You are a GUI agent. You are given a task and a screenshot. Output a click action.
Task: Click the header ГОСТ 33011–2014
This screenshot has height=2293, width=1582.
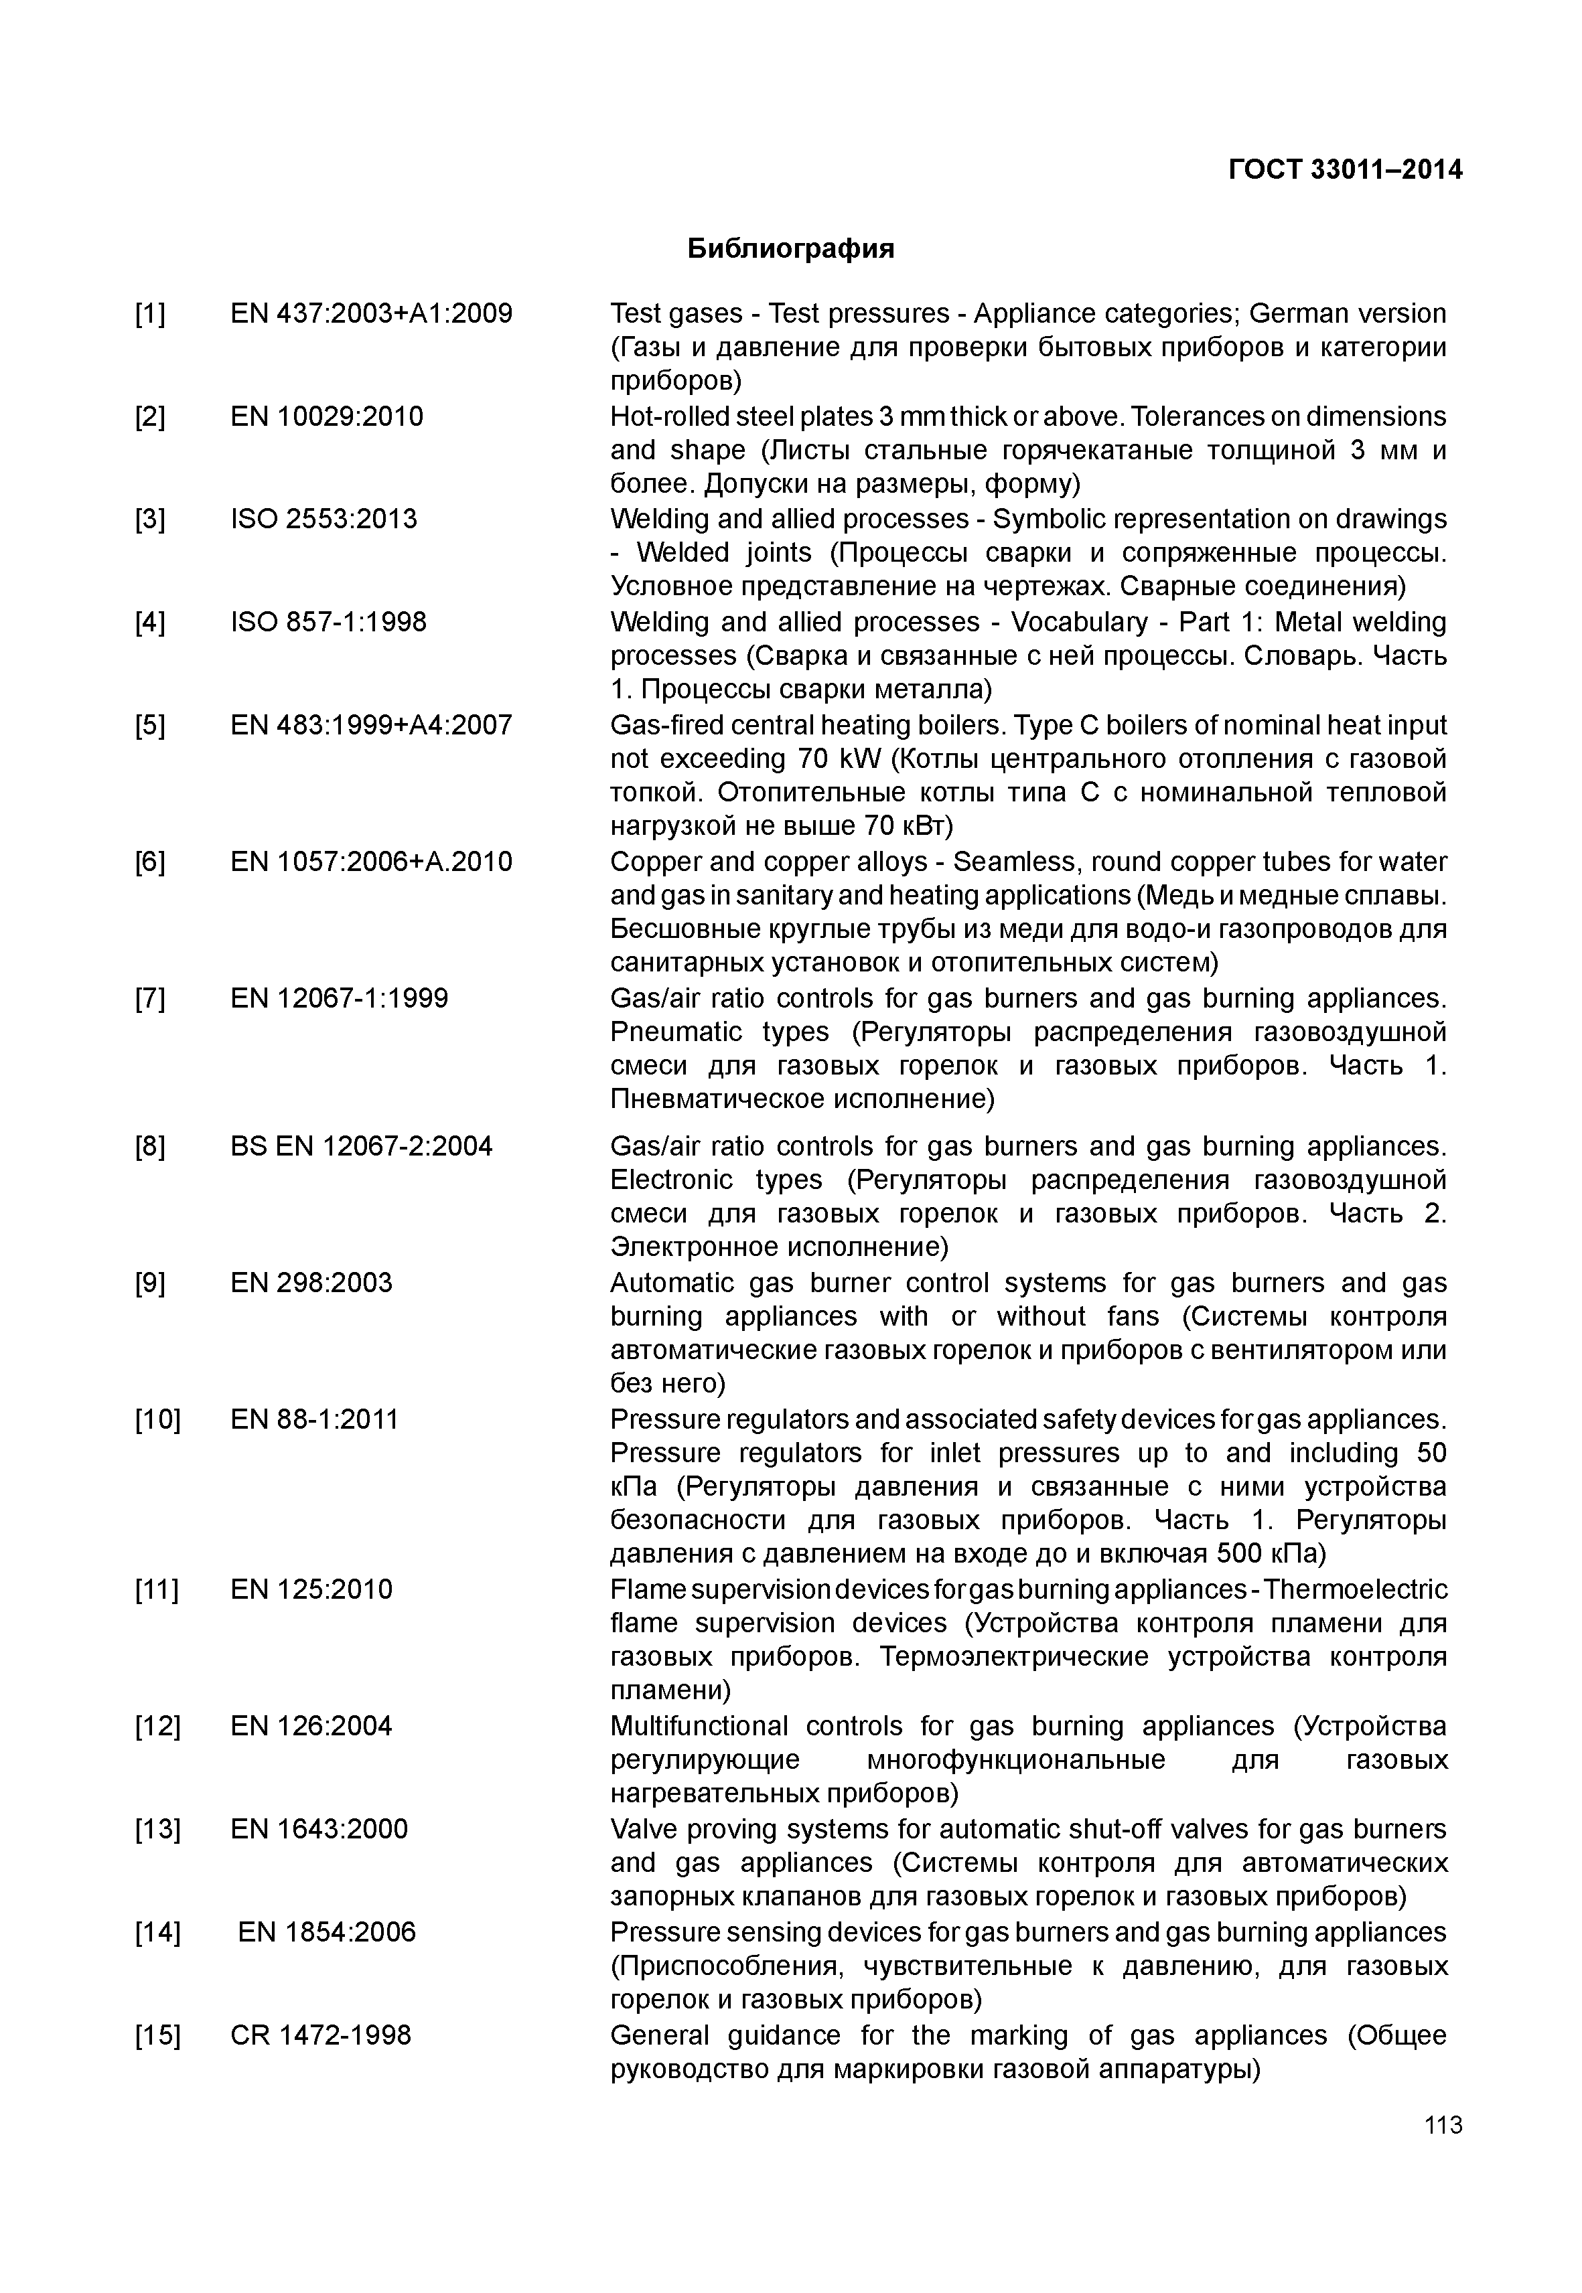click(1345, 169)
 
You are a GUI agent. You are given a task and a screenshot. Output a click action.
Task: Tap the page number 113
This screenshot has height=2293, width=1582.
click(1442, 2124)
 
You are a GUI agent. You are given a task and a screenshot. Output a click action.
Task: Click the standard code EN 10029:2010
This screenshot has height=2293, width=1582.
click(326, 416)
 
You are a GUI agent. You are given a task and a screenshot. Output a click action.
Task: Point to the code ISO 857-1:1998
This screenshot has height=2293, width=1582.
click(328, 623)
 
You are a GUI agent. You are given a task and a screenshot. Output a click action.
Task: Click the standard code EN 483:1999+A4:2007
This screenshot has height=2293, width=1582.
click(371, 725)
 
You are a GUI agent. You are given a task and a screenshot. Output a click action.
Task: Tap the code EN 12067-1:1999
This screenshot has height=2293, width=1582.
click(339, 998)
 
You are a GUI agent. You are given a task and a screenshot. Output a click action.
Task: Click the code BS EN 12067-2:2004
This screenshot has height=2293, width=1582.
click(361, 1146)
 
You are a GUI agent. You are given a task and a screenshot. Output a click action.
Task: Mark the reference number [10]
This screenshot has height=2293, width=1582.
click(157, 1419)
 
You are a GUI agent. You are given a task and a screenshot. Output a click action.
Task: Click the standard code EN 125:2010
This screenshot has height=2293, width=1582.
click(311, 1589)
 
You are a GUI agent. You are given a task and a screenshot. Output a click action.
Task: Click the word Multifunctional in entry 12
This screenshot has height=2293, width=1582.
click(699, 1726)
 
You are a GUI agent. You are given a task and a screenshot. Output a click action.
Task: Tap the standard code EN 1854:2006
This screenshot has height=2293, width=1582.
click(326, 1931)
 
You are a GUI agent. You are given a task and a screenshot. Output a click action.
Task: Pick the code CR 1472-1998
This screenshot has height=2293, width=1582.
click(320, 2035)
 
